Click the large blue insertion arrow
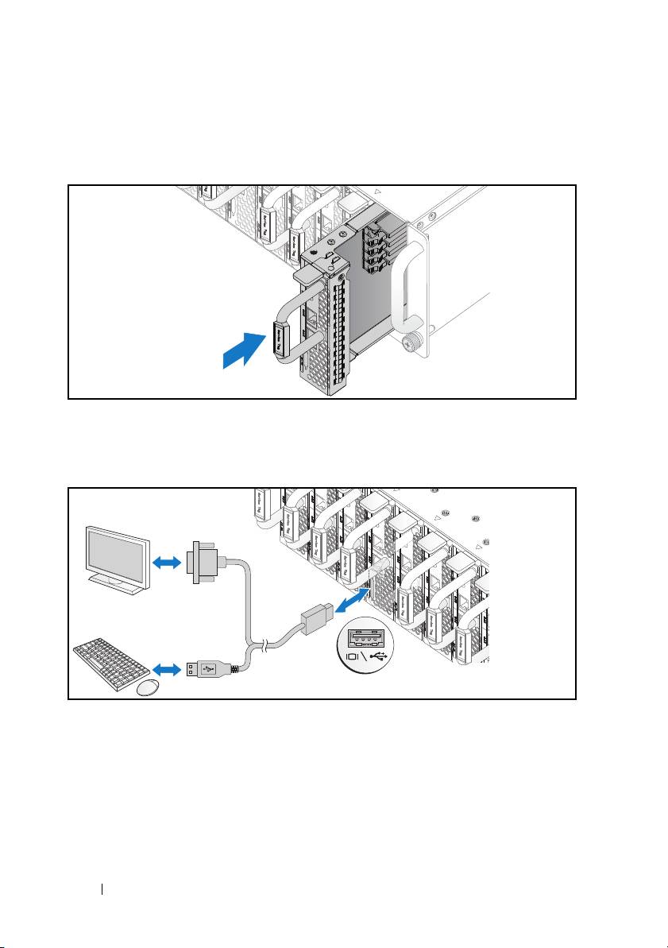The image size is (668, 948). click(x=245, y=351)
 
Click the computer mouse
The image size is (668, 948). click(x=149, y=688)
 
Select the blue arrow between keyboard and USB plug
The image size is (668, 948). click(x=168, y=670)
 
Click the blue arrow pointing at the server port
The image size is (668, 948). click(x=349, y=601)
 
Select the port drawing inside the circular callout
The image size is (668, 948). click(x=367, y=637)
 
